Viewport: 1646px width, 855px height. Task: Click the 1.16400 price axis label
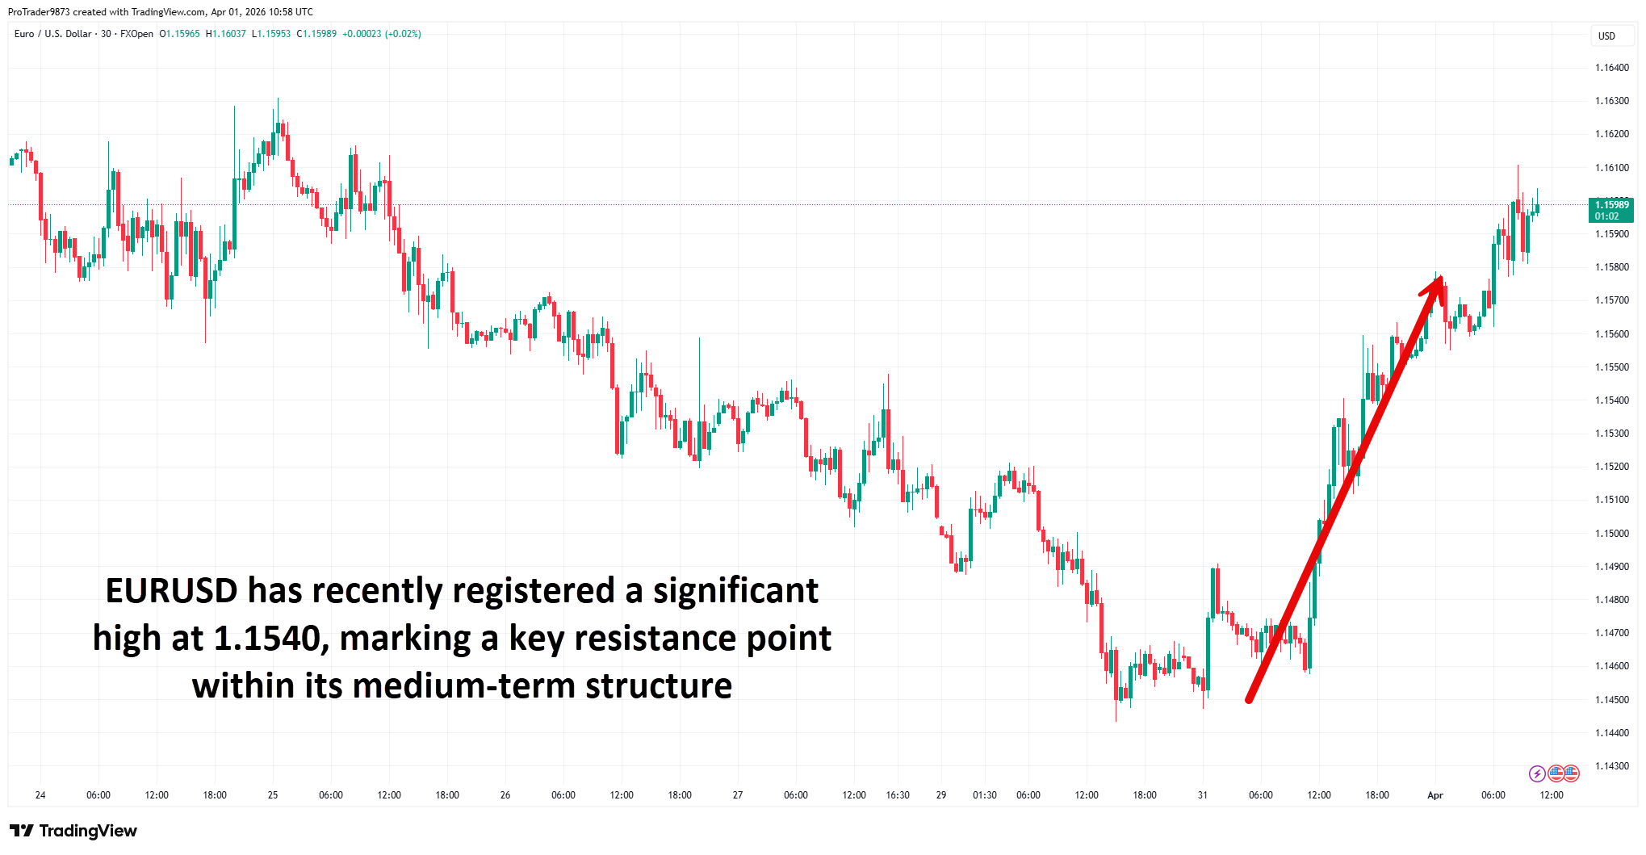(1611, 68)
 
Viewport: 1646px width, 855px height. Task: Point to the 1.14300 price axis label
(1611, 766)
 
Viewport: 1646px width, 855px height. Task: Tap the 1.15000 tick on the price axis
(1611, 534)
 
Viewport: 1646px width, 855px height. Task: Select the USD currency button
(1606, 36)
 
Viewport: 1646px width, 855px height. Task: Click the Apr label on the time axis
(1434, 795)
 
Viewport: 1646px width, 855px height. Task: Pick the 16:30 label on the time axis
(897, 795)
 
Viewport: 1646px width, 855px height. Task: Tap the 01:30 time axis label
(984, 795)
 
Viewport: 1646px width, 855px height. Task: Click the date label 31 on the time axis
(1202, 795)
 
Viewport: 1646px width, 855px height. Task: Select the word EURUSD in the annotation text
(171, 591)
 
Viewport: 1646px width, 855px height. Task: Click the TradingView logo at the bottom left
(73, 831)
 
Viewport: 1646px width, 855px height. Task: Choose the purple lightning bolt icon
(1537, 774)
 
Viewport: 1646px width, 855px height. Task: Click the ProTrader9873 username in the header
(38, 12)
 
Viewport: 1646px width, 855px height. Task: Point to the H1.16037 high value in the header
(225, 34)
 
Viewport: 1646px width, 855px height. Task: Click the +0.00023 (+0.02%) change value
(381, 34)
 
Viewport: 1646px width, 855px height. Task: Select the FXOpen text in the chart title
(136, 34)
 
